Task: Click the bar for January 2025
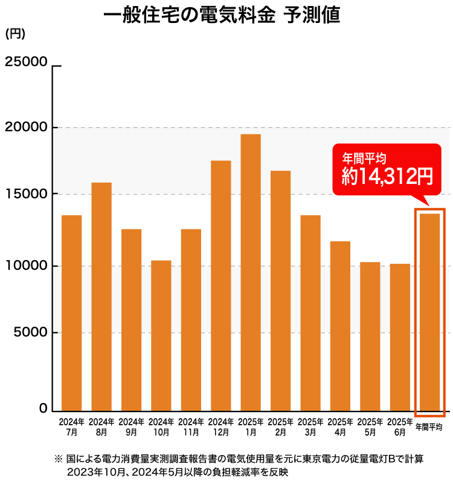251,272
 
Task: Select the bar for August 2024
101,296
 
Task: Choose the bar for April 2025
340,326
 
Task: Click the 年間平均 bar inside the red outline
429,312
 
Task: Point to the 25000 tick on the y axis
26,62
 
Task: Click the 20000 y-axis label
26,128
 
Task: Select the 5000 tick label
30,333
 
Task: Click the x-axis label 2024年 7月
71,427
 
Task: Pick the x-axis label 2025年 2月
280,427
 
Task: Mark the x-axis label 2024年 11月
191,427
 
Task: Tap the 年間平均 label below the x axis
429,427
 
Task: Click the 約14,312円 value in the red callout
387,177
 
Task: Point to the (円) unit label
15,34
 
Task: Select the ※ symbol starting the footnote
59,459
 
